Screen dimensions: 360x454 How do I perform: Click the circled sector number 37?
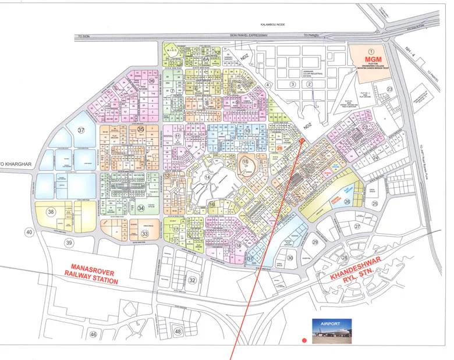pyautogui.click(x=82, y=130)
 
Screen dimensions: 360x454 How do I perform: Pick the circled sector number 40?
pyautogui.click(x=29, y=232)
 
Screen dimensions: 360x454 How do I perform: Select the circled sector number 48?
pyautogui.click(x=178, y=332)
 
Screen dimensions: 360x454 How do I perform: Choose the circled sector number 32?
pyautogui.click(x=192, y=280)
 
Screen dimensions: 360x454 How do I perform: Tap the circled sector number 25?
pyautogui.click(x=375, y=204)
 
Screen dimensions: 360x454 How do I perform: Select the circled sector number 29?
pyautogui.click(x=315, y=242)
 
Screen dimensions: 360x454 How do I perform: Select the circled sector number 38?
pyautogui.click(x=51, y=212)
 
